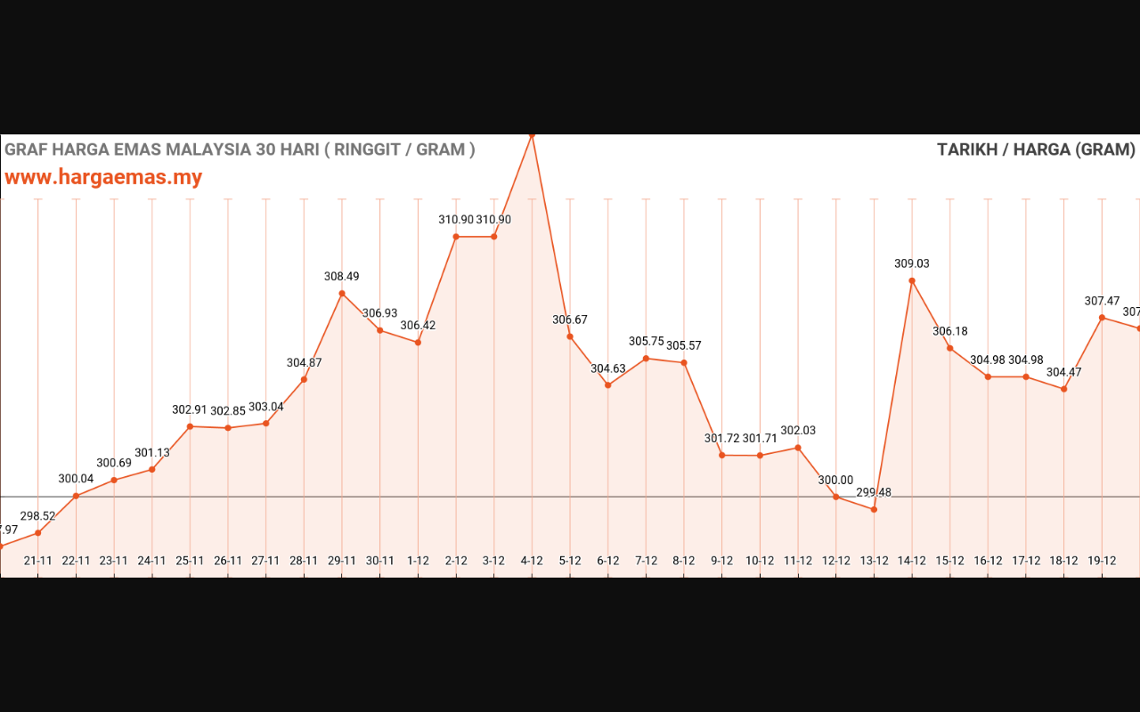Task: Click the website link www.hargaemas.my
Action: [103, 177]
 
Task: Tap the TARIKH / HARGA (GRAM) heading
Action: [1036, 150]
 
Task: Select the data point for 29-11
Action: [342, 294]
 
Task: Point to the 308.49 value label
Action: [342, 277]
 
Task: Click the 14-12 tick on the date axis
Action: [912, 561]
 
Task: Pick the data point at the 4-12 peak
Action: [532, 135]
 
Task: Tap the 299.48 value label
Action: [874, 492]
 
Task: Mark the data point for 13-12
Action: [874, 509]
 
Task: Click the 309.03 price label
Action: [912, 263]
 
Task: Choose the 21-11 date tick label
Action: [38, 561]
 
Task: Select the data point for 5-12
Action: [570, 336]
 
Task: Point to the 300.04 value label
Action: [77, 479]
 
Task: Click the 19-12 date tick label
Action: [1103, 561]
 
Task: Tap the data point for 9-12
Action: [722, 456]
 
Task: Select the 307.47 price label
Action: [1103, 301]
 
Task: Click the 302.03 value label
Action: [798, 431]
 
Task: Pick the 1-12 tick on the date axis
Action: [418, 561]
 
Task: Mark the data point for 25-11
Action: [190, 426]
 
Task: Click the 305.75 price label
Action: [647, 342]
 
